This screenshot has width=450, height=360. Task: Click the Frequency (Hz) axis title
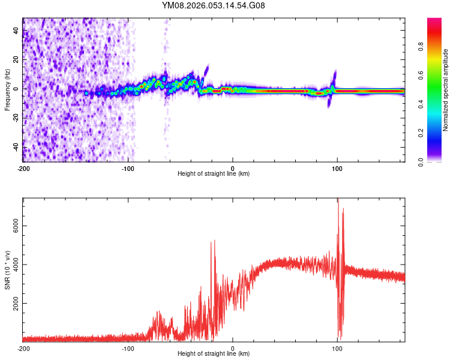pyautogui.click(x=7, y=90)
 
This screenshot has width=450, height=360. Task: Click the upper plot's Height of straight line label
pyautogui.click(x=214, y=173)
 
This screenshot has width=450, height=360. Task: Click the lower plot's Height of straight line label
pyautogui.click(x=214, y=353)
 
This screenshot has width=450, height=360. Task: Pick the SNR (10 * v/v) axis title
pyautogui.click(x=7, y=269)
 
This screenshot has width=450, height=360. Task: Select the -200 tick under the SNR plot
pyautogui.click(x=23, y=347)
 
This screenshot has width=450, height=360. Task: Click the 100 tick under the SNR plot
pyautogui.click(x=337, y=347)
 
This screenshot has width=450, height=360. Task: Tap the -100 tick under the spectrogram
pyautogui.click(x=128, y=167)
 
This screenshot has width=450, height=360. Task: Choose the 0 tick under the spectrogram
pyautogui.click(x=233, y=167)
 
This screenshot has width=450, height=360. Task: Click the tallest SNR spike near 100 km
pyautogui.click(x=338, y=200)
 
